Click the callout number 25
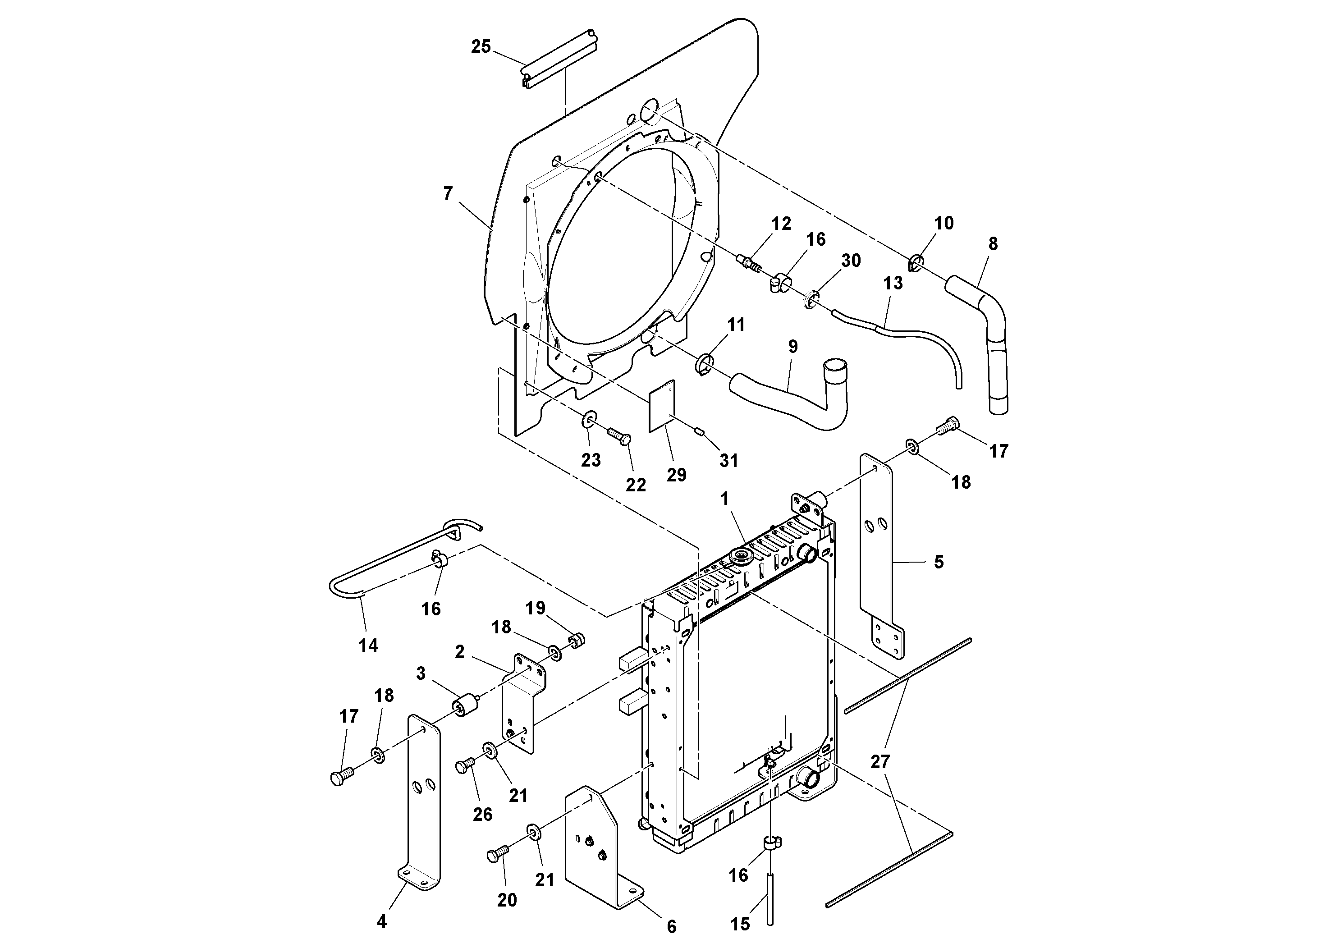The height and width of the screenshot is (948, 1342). (x=481, y=47)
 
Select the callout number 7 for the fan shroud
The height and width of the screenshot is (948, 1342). (x=448, y=193)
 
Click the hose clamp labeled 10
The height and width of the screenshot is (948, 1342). (x=916, y=264)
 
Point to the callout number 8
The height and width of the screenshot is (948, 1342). (x=993, y=244)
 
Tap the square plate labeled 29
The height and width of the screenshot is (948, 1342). (x=662, y=406)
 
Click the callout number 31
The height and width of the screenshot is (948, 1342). (x=729, y=461)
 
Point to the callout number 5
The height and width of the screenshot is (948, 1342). (x=939, y=562)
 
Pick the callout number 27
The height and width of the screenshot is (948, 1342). (x=880, y=761)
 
